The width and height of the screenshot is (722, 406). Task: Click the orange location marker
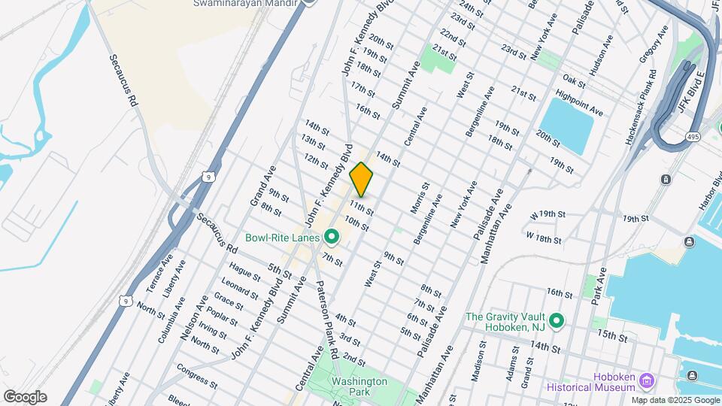(361, 179)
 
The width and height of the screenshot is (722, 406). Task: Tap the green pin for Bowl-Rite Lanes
(332, 238)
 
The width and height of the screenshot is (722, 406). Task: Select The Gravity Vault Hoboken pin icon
(557, 321)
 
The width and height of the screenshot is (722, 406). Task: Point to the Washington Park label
(359, 386)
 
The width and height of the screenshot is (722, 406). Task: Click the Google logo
(25, 397)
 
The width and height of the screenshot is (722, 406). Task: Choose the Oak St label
(573, 80)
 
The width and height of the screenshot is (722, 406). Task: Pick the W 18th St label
(544, 238)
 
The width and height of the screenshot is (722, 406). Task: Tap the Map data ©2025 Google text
(675, 399)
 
